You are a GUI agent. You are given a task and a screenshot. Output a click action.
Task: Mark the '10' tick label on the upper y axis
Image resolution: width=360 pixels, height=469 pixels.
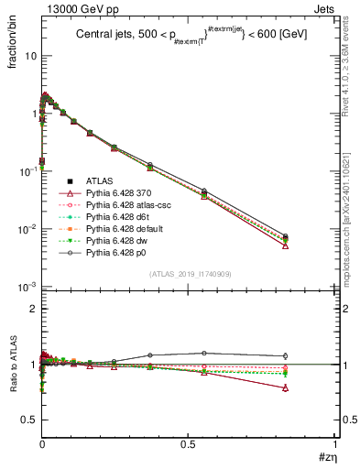tap(28, 56)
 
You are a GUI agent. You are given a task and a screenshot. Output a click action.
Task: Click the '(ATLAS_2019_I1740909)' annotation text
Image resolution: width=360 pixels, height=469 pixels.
tap(190, 274)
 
